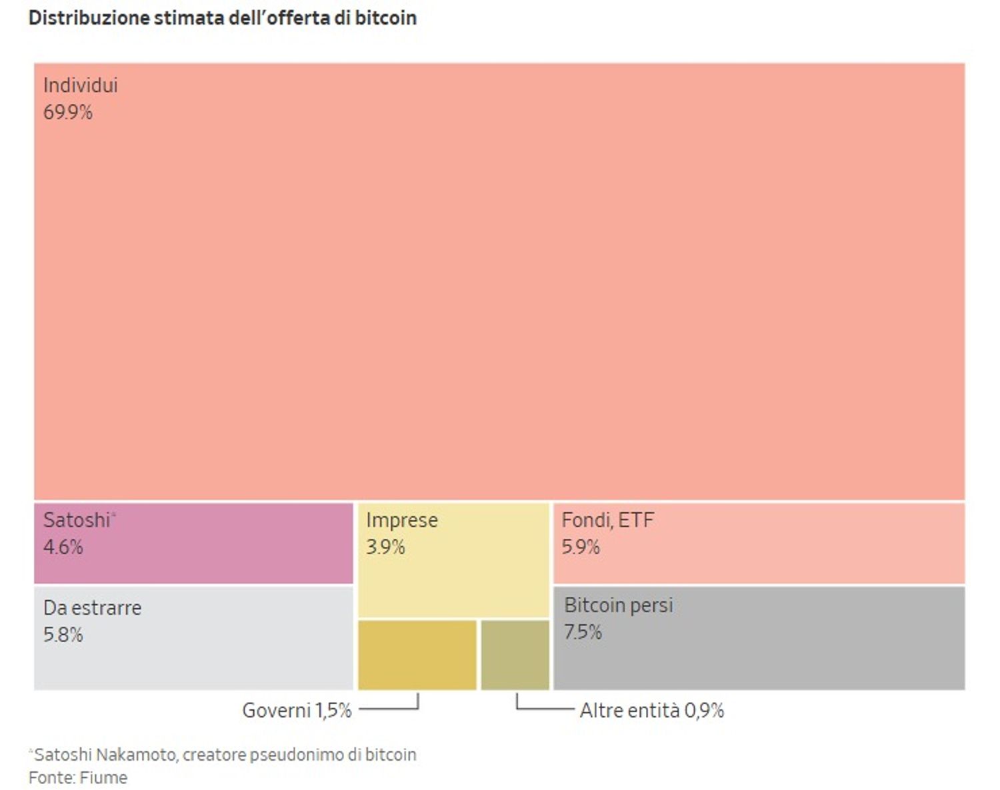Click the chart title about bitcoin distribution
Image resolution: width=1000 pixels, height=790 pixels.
click(223, 18)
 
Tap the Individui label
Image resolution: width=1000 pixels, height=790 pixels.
click(80, 85)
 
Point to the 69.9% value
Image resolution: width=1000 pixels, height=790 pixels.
click(67, 112)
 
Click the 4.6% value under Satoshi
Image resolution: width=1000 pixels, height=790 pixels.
click(63, 547)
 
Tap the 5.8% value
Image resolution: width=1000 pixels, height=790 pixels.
click(63, 635)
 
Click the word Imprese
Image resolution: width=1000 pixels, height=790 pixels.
click(402, 520)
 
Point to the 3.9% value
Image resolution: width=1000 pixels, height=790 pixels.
click(385, 547)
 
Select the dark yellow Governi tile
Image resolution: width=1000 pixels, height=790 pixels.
click(417, 655)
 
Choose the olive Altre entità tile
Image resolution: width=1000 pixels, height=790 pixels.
click(515, 655)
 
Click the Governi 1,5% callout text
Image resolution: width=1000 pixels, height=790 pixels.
click(297, 710)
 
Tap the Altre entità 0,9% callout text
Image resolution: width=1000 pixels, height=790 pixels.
click(651, 710)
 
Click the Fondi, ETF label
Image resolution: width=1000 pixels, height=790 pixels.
click(607, 520)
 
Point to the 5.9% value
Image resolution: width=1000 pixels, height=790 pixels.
click(581, 547)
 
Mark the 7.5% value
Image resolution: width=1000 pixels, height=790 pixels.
click(583, 631)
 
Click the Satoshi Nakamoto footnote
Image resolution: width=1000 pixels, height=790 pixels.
click(224, 755)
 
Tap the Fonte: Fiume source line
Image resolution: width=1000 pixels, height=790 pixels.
click(78, 777)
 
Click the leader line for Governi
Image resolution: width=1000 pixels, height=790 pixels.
click(390, 709)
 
